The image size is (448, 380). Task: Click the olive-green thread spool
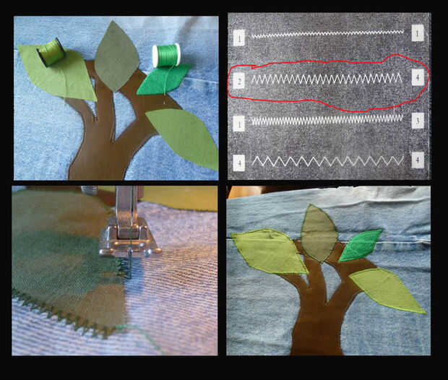51,53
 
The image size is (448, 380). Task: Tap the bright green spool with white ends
166,55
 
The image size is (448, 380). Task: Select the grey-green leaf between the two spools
116,56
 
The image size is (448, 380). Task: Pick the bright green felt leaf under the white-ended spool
163,79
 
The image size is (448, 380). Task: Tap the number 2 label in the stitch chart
239,81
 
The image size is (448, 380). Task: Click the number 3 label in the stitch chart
418,121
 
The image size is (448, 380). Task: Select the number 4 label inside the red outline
418,77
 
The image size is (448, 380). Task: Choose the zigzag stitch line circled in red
327,79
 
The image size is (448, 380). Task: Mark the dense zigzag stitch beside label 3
327,120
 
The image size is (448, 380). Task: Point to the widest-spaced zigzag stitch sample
328,161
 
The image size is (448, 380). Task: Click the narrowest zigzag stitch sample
328,35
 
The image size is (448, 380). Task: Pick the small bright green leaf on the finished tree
361,246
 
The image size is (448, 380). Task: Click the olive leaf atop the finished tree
319,233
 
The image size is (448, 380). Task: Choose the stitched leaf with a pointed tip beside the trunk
387,290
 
